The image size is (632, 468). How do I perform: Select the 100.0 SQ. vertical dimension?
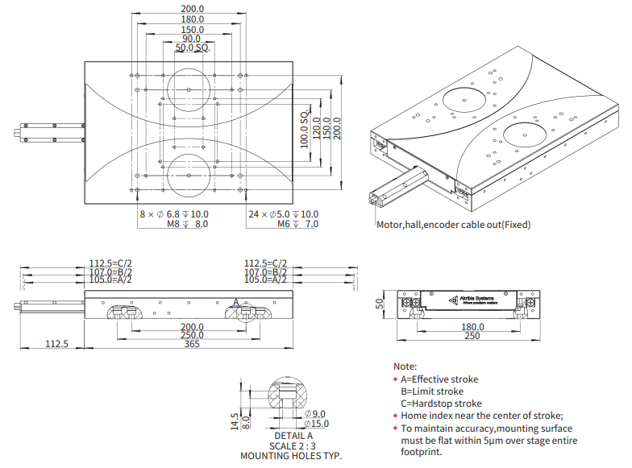pos(305,130)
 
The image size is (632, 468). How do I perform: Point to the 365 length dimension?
pos(191,344)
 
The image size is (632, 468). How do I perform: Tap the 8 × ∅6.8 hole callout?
pos(173,214)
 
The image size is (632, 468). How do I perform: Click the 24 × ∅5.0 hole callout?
pos(283,214)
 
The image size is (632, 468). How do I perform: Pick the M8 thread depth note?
pos(187,225)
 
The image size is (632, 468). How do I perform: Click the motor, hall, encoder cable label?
pos(454,225)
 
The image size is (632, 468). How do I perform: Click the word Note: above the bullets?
pos(405,366)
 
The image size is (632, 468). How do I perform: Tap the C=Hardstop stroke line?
pos(441,403)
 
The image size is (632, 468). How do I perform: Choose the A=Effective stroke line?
pos(439,379)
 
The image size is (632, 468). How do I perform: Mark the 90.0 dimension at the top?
pos(191,39)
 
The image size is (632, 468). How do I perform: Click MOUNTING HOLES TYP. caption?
pos(291,456)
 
